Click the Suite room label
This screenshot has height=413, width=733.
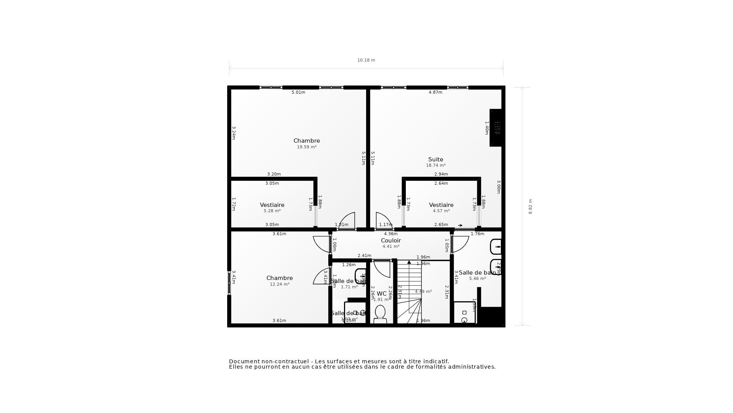coord(436,159)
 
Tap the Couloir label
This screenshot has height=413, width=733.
coord(391,241)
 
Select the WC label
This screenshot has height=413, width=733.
coord(382,294)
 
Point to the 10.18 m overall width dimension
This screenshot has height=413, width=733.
coord(366,60)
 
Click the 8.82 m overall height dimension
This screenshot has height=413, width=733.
coord(530,206)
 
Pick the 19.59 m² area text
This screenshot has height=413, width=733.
coord(307,147)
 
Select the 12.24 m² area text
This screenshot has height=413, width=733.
coord(279,284)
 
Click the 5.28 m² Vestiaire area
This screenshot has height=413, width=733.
coord(272,211)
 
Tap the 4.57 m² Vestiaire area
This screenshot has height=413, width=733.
coord(441,211)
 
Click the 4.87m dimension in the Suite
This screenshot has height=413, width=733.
coord(435,92)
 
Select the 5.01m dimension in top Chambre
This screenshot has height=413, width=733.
coord(298,92)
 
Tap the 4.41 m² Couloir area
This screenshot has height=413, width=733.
coord(391,246)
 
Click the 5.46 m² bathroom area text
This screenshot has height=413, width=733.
coord(477,278)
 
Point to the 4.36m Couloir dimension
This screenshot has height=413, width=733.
coord(391,234)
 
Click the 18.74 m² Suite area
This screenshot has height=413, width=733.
coord(436,165)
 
